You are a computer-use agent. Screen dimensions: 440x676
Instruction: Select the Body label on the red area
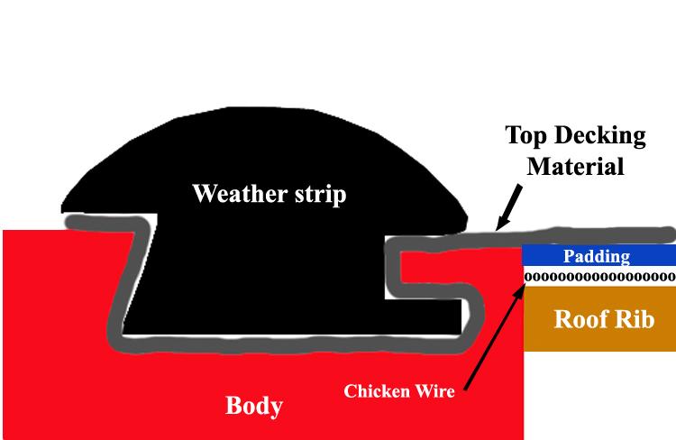click(x=253, y=406)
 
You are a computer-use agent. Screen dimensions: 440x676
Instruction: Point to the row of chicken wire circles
click(x=599, y=276)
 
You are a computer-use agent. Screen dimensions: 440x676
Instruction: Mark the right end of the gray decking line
click(x=667, y=233)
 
